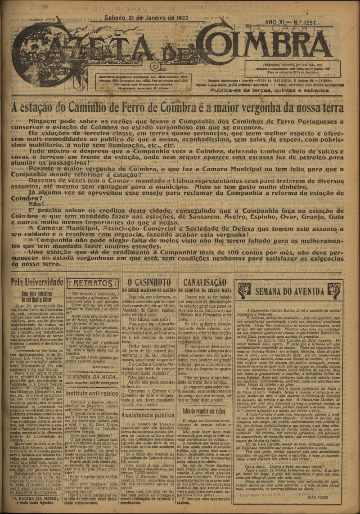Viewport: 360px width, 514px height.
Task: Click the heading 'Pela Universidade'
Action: pos(37,282)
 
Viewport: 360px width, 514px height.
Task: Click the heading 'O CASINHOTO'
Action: pos(150,282)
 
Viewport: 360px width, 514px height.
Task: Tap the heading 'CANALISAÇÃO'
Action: pos(205,282)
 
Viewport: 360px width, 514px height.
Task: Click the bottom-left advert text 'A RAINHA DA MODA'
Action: pos(36,498)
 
